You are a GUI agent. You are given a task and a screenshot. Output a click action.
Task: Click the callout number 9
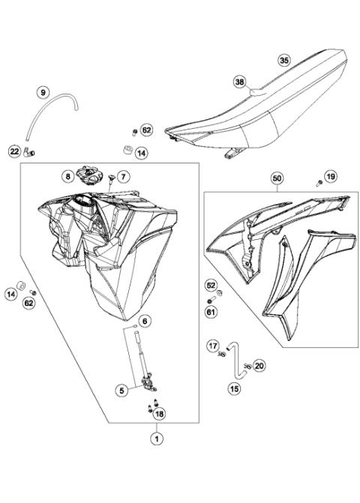pos(43,93)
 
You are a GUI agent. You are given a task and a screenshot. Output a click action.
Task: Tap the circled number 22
pos(15,151)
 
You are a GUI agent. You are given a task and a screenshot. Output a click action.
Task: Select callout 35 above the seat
pos(283,59)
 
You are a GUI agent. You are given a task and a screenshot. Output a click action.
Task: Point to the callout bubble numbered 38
pos(239,81)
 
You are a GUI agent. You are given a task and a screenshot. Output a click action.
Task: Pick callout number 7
pos(124,177)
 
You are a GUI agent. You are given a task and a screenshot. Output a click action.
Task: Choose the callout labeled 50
pos(277,179)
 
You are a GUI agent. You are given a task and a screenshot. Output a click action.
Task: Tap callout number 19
pos(331,176)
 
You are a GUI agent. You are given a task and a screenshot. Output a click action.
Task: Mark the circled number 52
pos(211,286)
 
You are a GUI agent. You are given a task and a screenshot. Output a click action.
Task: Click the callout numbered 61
pos(211,311)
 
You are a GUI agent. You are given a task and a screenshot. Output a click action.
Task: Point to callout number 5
pos(121,390)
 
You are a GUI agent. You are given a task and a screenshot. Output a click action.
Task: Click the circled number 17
pos(213,346)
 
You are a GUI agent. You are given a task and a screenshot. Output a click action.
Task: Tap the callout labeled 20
pos(259,366)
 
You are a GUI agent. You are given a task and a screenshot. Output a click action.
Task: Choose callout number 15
pos(233,389)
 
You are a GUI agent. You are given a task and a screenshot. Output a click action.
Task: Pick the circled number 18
pos(158,413)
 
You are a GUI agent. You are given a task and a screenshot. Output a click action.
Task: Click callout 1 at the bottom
pos(157,439)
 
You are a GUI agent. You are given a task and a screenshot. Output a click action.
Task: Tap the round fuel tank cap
pos(91,178)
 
